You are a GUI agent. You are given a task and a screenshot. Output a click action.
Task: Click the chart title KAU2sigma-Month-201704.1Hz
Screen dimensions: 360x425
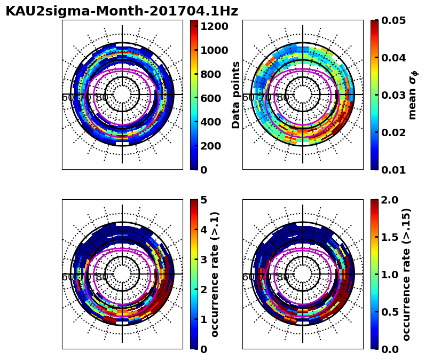click(x=122, y=11)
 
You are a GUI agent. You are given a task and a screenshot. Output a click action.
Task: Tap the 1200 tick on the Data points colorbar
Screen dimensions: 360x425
click(x=214, y=26)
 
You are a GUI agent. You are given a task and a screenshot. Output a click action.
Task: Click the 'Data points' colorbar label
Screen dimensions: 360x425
click(x=236, y=95)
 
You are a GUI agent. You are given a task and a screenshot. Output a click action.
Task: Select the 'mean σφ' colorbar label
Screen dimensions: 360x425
click(x=413, y=95)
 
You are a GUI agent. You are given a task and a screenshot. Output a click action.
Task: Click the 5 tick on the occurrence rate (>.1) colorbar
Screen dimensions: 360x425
click(x=203, y=200)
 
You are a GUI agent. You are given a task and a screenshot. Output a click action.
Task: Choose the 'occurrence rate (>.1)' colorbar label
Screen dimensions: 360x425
click(x=215, y=274)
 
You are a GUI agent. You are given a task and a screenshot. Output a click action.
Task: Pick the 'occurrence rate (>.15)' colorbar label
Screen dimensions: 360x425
click(x=406, y=274)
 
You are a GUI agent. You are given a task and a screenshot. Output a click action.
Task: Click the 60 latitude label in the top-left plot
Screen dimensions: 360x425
click(x=68, y=98)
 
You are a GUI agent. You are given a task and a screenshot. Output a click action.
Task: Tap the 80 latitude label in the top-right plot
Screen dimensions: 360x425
click(x=283, y=98)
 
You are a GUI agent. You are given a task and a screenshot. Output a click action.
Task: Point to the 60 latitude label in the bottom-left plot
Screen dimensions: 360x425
click(x=68, y=277)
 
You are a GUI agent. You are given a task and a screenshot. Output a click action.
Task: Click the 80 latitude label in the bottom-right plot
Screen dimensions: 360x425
click(x=283, y=277)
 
